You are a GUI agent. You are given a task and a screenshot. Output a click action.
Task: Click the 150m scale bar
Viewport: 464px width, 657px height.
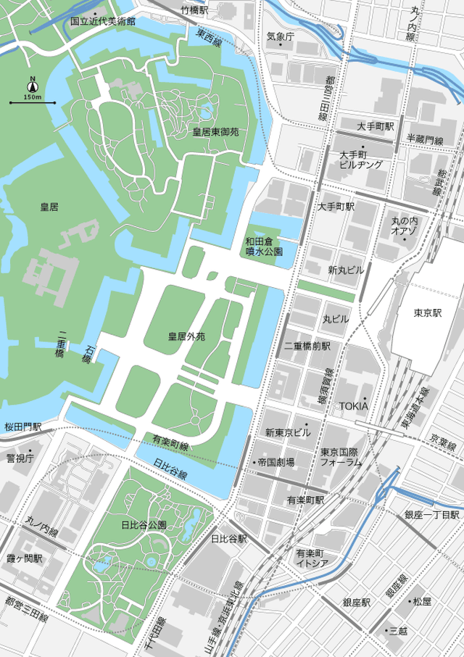point(33,103)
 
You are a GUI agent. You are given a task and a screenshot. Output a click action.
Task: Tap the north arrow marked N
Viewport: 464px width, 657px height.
point(33,82)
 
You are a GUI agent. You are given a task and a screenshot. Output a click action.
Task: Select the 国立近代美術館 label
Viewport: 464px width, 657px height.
point(102,22)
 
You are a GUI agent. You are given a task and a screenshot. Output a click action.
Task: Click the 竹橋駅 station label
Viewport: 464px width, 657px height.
point(194,10)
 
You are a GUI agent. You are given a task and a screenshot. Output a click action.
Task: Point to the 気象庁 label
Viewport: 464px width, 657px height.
point(280,36)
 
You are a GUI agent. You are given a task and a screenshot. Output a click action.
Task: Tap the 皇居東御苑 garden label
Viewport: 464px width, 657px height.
point(215,132)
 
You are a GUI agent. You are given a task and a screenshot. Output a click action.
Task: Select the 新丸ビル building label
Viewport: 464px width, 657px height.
point(346,270)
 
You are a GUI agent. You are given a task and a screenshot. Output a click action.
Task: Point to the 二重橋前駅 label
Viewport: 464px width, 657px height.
point(307,346)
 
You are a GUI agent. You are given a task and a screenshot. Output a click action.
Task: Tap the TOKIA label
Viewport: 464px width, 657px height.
point(353,406)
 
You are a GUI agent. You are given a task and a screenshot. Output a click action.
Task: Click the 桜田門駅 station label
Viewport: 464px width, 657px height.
point(22,428)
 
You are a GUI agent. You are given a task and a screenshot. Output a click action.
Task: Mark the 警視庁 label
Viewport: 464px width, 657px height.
point(20,458)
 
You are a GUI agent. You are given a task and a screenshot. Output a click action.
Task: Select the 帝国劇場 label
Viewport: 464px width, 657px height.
point(275,461)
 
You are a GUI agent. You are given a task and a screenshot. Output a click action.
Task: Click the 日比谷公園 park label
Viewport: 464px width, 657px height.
point(144,524)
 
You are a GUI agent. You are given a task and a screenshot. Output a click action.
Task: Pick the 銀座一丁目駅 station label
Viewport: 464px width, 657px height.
point(432,514)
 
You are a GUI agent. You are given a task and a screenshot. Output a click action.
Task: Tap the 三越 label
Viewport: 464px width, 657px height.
point(398,631)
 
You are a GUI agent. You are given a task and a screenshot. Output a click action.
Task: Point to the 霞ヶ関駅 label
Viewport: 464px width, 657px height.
point(25,558)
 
